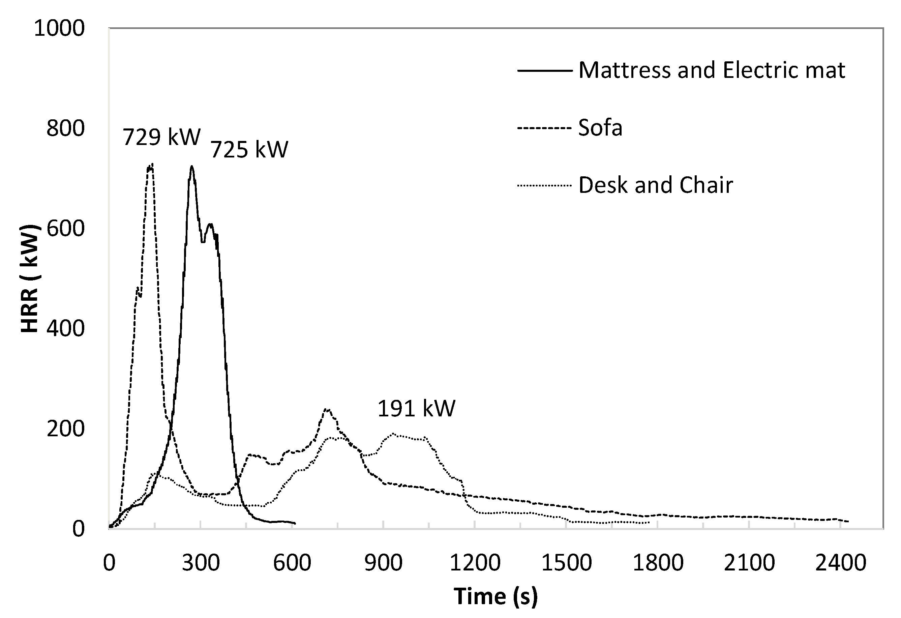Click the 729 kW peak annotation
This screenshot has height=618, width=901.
pos(162,137)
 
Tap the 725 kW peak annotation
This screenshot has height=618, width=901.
pos(249,149)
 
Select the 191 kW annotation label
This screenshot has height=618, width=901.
pos(416,408)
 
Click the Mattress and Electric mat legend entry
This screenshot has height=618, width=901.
pos(712,70)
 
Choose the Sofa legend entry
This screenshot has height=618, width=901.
pos(600,127)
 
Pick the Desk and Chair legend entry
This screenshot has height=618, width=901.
pos(655,185)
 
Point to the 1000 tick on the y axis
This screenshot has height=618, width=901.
pos(59,28)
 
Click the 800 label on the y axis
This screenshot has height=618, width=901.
pos(65,128)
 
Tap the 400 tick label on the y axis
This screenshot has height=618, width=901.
pos(65,328)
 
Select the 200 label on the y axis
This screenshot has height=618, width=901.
pos(65,429)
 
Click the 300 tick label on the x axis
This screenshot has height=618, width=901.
pos(201,563)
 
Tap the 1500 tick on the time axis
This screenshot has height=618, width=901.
pos(566,563)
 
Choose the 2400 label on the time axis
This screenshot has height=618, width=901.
pos(840,563)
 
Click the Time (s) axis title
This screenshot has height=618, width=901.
pos(495,596)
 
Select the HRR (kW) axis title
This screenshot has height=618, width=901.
pos(29,278)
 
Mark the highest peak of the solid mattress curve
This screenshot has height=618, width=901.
pos(191,166)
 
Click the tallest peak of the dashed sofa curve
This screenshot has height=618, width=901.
pos(152,164)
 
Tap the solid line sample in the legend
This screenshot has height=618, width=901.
pos(545,70)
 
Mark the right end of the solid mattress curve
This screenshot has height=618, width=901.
pos(295,523)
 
